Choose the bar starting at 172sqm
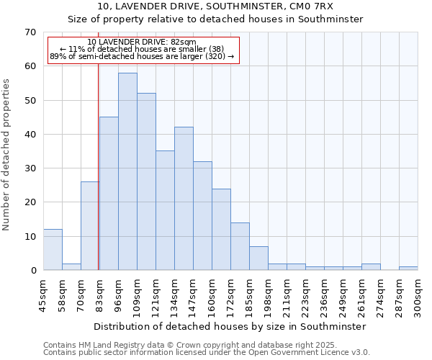tap(240, 246)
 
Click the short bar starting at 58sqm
tap(71, 266)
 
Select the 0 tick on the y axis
tap(32, 271)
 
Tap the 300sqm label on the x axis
tap(418, 295)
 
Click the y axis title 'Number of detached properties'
tap(7, 155)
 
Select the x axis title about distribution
tap(230, 326)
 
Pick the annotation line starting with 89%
tap(142, 56)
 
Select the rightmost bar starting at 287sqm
tap(408, 268)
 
